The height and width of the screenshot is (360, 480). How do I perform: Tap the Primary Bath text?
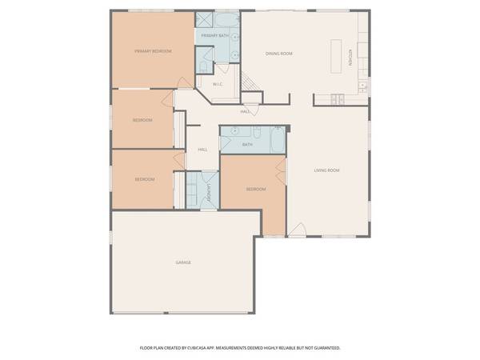point(214,36)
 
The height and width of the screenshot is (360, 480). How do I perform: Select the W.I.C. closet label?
point(218,84)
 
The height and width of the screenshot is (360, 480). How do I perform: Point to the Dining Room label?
point(279,54)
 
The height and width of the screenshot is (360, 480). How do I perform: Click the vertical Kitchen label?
point(350,58)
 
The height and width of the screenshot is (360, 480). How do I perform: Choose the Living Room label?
point(326,170)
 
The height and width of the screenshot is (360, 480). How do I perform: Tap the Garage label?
point(183,262)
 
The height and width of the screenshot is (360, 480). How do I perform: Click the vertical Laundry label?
point(208,193)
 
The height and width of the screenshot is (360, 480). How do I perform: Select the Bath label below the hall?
point(247,145)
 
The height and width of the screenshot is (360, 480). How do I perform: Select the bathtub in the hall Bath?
point(276,139)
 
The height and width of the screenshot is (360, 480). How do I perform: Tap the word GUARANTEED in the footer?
point(324,348)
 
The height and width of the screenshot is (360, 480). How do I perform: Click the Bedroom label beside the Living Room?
point(255,189)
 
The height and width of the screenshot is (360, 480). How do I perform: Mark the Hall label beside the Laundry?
point(202,150)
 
